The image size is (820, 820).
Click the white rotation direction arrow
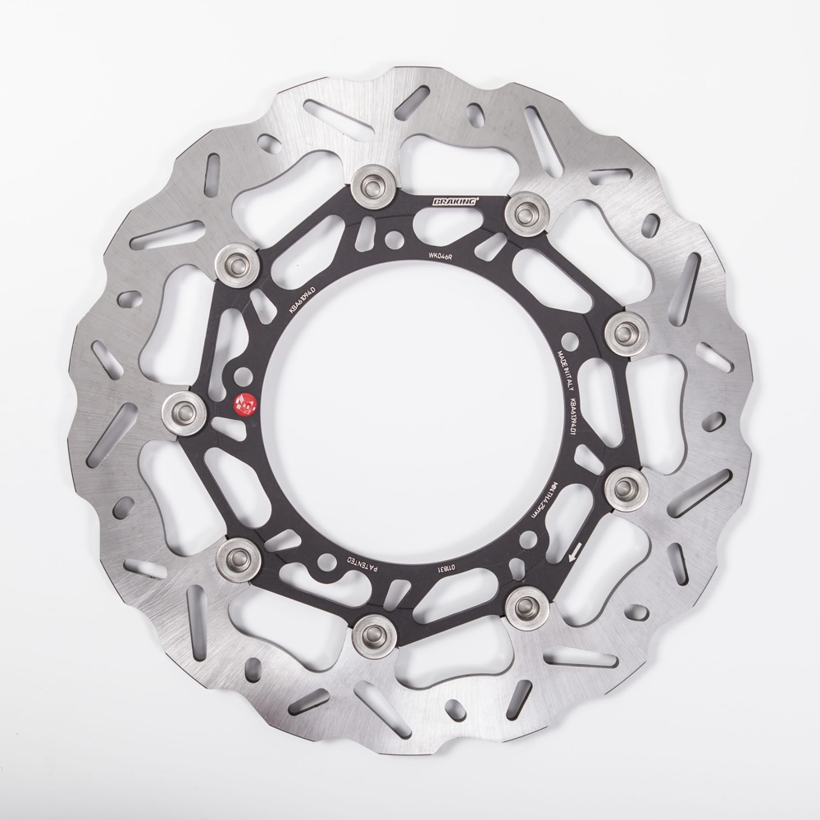click(x=575, y=553)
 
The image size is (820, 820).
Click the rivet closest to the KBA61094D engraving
click(x=238, y=262)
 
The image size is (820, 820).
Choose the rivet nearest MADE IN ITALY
click(x=625, y=332)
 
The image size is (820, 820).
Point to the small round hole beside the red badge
click(x=243, y=376)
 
